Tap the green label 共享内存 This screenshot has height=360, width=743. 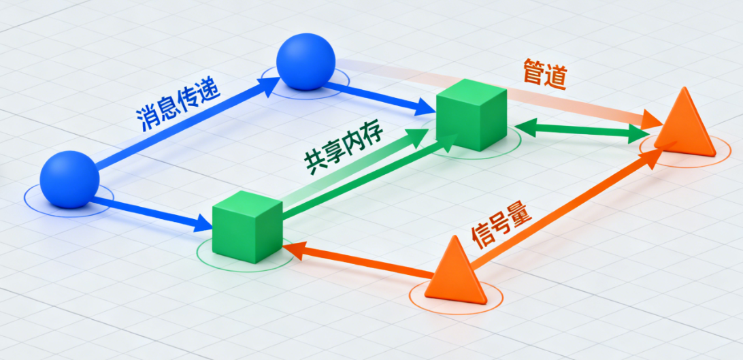(344, 149)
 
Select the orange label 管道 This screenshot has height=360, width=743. (544, 73)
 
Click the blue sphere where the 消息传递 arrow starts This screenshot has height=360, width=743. (69, 179)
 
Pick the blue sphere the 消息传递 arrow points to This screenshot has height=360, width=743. (306, 61)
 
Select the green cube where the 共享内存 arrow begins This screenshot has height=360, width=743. (247, 227)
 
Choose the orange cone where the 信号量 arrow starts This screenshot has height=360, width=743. (455, 272)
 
